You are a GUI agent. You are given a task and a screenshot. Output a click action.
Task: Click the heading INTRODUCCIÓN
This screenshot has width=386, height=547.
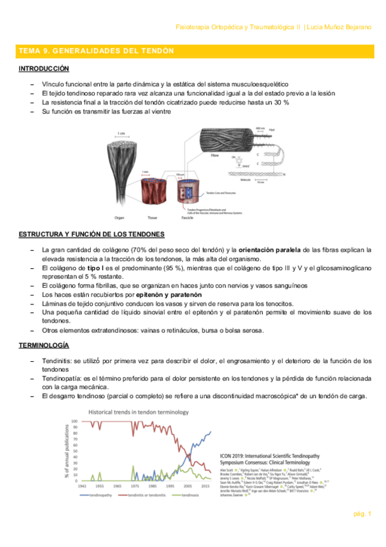pyautogui.click(x=44, y=68)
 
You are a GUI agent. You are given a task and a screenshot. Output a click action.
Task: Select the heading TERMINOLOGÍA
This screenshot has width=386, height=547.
pyautogui.click(x=44, y=346)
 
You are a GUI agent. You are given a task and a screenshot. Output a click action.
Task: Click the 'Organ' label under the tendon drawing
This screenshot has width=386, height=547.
pyautogui.click(x=119, y=218)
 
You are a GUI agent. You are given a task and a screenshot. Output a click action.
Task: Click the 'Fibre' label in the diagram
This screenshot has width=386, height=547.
pyautogui.click(x=214, y=155)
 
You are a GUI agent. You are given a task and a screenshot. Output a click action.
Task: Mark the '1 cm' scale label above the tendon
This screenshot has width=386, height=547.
pyautogui.click(x=121, y=134)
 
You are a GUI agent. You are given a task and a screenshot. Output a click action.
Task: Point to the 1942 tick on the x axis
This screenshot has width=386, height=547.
pyautogui.click(x=82, y=486)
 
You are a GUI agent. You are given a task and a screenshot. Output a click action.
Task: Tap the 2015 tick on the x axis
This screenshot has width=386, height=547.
pyautogui.click(x=204, y=486)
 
